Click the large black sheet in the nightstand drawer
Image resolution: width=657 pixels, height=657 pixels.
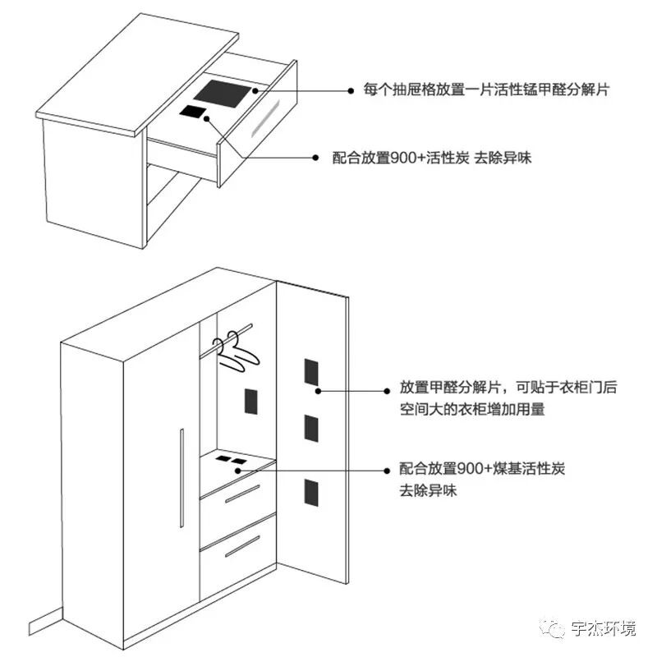click(x=227, y=93)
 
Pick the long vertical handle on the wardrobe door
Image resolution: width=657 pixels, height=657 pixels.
click(x=181, y=477)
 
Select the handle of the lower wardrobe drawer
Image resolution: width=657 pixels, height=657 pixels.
click(x=241, y=546)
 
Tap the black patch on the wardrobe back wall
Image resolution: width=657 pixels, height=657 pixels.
click(x=250, y=402)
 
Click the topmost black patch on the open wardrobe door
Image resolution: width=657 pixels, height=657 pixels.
click(x=310, y=372)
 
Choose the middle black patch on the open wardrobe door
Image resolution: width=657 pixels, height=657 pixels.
click(x=310, y=427)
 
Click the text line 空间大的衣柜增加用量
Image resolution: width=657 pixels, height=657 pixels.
click(x=471, y=408)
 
